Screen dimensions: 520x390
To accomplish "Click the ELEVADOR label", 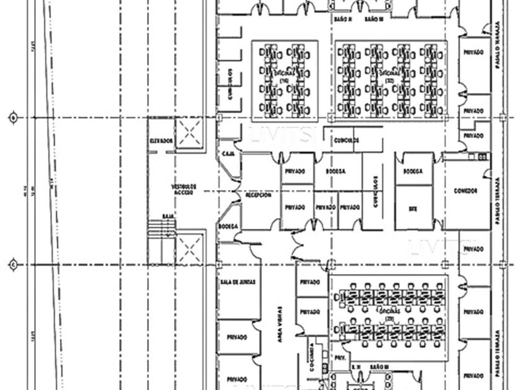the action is [x=161, y=141].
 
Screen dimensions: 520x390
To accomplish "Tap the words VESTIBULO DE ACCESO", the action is [x=184, y=189].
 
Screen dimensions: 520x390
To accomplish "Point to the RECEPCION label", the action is [x=258, y=195].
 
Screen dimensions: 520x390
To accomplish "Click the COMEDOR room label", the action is [x=465, y=190].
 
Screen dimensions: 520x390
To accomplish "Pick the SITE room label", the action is [x=412, y=209].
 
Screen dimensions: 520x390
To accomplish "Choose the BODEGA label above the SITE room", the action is [x=412, y=171].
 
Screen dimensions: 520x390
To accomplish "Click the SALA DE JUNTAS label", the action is [x=237, y=282].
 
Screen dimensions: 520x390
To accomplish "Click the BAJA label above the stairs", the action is [x=167, y=216].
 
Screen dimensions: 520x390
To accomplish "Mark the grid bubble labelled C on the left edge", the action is [x=13, y=265].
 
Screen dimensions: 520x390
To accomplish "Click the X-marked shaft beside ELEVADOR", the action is [x=189, y=132].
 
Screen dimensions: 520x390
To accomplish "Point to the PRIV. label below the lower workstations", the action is [x=339, y=358].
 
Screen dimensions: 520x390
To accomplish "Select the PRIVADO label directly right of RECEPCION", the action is [x=295, y=171].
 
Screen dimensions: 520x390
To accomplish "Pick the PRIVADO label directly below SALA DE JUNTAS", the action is [x=236, y=337].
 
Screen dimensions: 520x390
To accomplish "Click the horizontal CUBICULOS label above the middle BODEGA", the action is [x=346, y=140].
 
